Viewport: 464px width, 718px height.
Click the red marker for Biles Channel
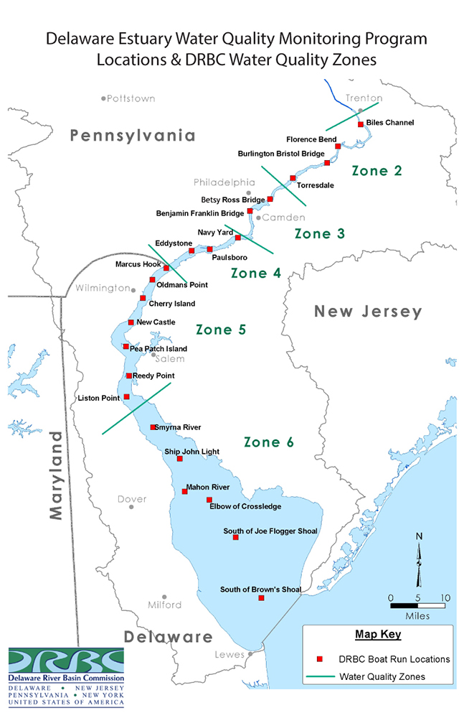pyautogui.click(x=360, y=124)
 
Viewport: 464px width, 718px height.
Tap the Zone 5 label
pyautogui.click(x=221, y=330)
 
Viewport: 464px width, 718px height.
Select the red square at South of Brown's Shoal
pyautogui.click(x=261, y=597)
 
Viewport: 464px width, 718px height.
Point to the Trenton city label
pyautogui.click(x=364, y=98)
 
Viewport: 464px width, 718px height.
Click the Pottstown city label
pyautogui.click(x=131, y=98)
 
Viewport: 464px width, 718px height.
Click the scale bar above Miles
pyautogui.click(x=417, y=605)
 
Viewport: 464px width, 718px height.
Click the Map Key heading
pyautogui.click(x=378, y=635)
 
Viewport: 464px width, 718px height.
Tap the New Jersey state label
pyautogui.click(x=368, y=312)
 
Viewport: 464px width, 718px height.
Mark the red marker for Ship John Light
pyautogui.click(x=179, y=459)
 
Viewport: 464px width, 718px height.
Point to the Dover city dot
pyautogui.click(x=131, y=507)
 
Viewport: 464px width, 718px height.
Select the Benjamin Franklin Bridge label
pyautogui.click(x=200, y=213)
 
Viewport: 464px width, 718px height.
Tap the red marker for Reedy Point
pyautogui.click(x=128, y=376)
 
